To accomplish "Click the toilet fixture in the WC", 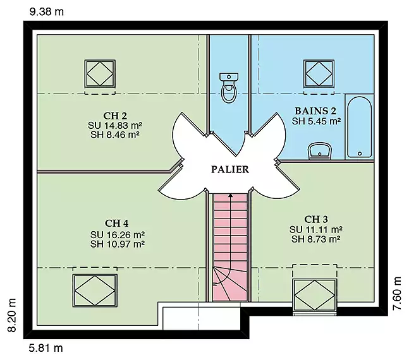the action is pos(229,88).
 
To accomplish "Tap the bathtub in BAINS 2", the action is pos(360,127).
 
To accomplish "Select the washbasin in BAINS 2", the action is pos(320,151).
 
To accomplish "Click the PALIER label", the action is pos(230,169).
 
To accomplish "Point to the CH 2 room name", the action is pos(115,116).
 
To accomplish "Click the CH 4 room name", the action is pos(116,224).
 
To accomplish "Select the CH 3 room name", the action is pos(316,219).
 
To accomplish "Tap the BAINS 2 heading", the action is pos(315,111).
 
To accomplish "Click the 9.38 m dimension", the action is pos(46,12).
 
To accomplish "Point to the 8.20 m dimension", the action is pos(12,315).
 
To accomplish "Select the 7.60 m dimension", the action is pos(397,293).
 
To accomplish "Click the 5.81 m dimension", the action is pos(46,348).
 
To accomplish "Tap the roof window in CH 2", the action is pos(100,74).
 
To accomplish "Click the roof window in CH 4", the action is pos(95,290).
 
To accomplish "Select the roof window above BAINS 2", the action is pos(319,74).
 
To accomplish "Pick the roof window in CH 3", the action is pos(315,295).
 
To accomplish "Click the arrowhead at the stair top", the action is pos(230,195).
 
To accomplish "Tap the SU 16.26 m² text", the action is pos(118,234).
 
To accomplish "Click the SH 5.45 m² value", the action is pos(316,121).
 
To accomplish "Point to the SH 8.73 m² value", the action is pos(315,239).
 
